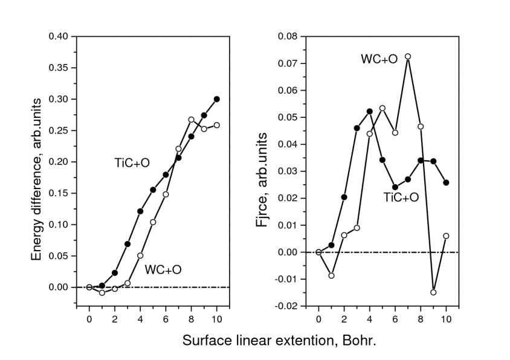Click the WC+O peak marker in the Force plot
click(x=408, y=56)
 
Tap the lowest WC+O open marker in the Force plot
click(x=433, y=292)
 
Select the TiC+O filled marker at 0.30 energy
click(x=217, y=99)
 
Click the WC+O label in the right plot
click(x=379, y=59)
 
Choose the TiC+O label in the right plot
click(x=401, y=196)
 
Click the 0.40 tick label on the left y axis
click(x=59, y=36)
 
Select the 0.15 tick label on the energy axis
click(x=59, y=193)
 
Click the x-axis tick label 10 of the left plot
click(x=217, y=318)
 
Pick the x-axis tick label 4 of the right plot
click(x=370, y=318)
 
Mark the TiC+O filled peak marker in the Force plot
click(x=370, y=111)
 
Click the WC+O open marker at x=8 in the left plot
click(x=192, y=120)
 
